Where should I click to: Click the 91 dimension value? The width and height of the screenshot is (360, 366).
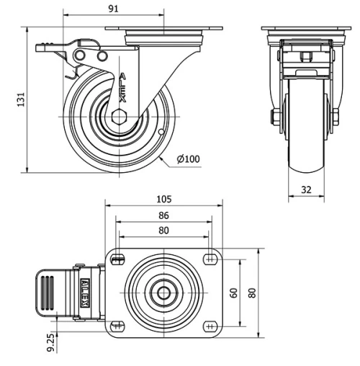tap(114, 9)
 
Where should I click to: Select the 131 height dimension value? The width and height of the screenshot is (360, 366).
tap(21, 99)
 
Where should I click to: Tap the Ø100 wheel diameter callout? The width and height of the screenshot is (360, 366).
tap(189, 159)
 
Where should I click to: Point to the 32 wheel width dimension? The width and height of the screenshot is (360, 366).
tap(306, 189)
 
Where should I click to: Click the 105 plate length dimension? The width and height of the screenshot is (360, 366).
tap(164, 199)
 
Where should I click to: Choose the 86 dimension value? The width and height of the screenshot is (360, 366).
tap(163, 215)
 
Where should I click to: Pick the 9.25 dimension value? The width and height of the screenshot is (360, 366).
tap(50, 343)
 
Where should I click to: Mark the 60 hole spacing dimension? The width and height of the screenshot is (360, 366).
tap(233, 293)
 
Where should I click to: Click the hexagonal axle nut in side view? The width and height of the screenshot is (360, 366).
tap(119, 117)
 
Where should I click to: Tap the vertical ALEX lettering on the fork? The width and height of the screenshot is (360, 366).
tap(122, 88)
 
